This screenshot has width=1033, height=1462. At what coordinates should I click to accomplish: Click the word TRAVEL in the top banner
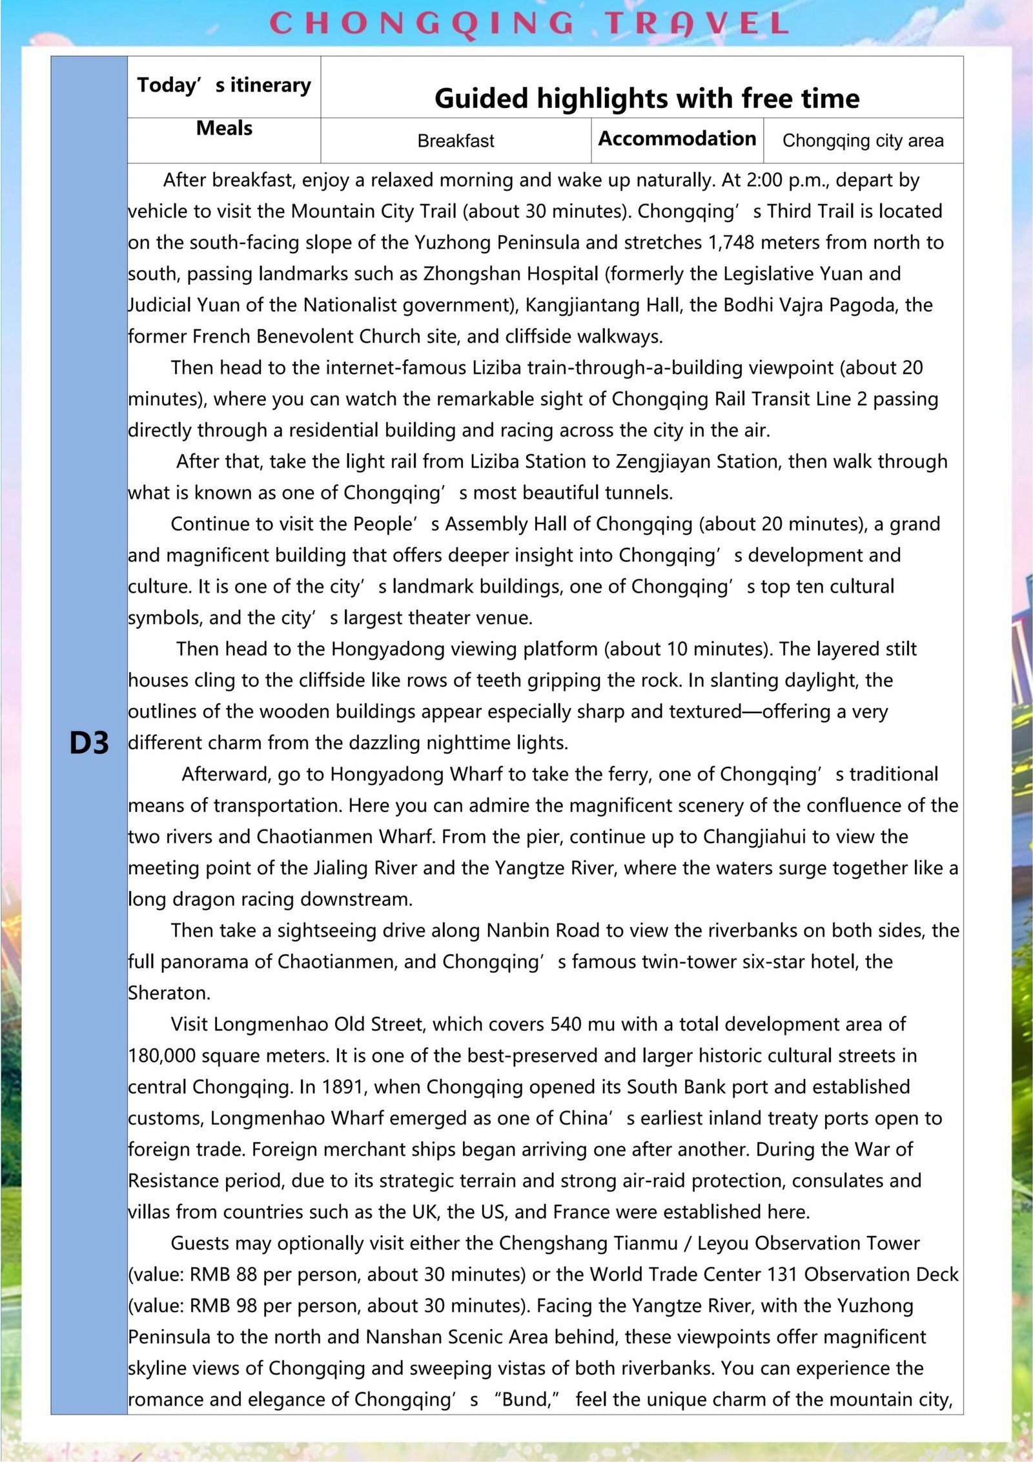(697, 24)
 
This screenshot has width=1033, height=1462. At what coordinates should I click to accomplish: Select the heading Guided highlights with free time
(647, 98)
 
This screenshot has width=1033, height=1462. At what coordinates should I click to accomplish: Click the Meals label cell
(224, 128)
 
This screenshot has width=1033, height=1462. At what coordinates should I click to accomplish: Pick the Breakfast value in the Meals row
(456, 141)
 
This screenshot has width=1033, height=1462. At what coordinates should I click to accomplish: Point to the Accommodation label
(677, 139)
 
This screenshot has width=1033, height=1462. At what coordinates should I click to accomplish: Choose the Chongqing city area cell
(863, 141)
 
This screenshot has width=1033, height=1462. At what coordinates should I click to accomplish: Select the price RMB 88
(224, 1275)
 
